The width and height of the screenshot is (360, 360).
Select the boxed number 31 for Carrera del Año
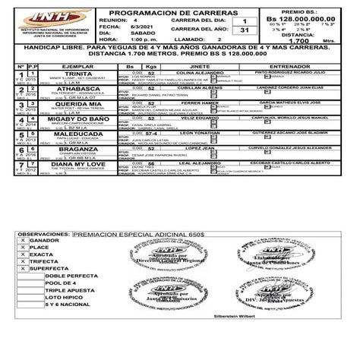244,29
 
